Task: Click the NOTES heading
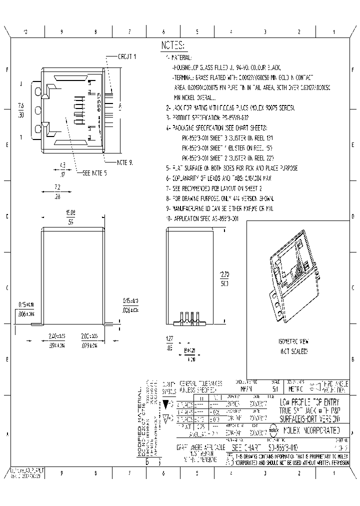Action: coord(172,45)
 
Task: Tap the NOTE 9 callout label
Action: coord(125,162)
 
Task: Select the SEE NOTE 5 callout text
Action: coord(94,172)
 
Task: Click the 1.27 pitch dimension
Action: coord(170,338)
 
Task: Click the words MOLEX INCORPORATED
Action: coord(311,429)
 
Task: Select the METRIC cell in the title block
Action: coord(291,388)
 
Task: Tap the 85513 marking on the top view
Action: coord(99,105)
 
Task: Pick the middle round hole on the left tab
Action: coord(38,109)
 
